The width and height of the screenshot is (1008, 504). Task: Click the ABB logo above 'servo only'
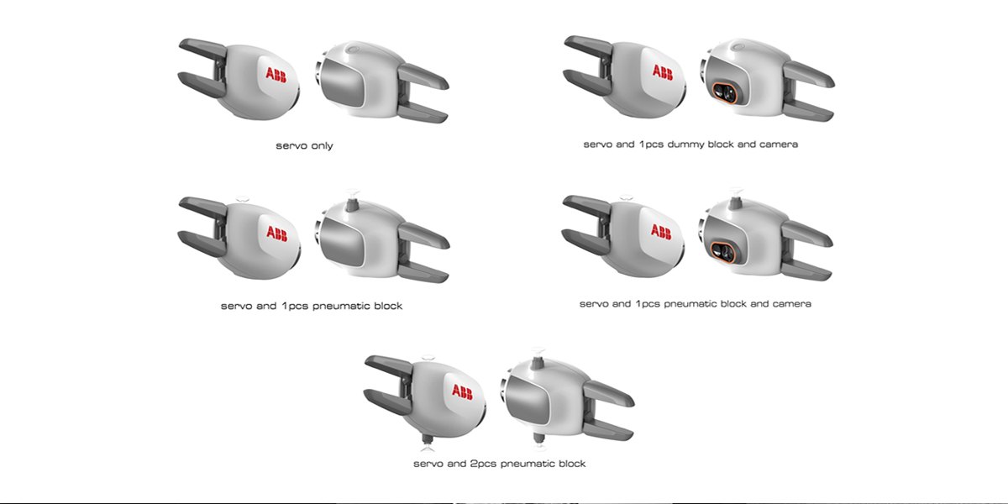point(275,73)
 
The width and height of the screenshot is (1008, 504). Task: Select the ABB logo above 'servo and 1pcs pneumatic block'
point(275,233)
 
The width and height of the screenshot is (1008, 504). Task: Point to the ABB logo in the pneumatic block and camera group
point(660,232)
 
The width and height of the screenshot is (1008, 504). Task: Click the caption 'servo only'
point(304,146)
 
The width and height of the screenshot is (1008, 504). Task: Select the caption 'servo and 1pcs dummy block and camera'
point(690,144)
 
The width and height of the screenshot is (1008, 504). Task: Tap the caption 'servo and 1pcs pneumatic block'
point(311,306)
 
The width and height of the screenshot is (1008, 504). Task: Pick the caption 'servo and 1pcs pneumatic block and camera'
point(696,303)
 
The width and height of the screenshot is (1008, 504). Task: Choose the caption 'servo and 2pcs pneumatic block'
point(499,464)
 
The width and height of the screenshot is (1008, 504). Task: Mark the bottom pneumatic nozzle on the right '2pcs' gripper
point(538,440)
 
